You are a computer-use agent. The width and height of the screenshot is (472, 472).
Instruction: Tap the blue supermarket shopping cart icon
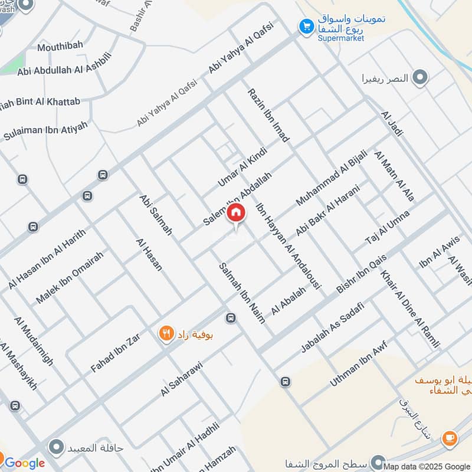(x=306, y=26)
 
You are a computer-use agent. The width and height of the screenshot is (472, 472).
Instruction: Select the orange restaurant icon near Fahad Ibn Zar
(x=166, y=334)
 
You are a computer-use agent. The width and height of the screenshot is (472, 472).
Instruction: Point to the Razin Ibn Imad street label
(x=268, y=116)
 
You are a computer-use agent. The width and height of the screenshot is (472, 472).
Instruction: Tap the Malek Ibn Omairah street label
(x=70, y=277)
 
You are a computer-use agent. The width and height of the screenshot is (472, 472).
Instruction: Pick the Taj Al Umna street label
(x=387, y=228)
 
